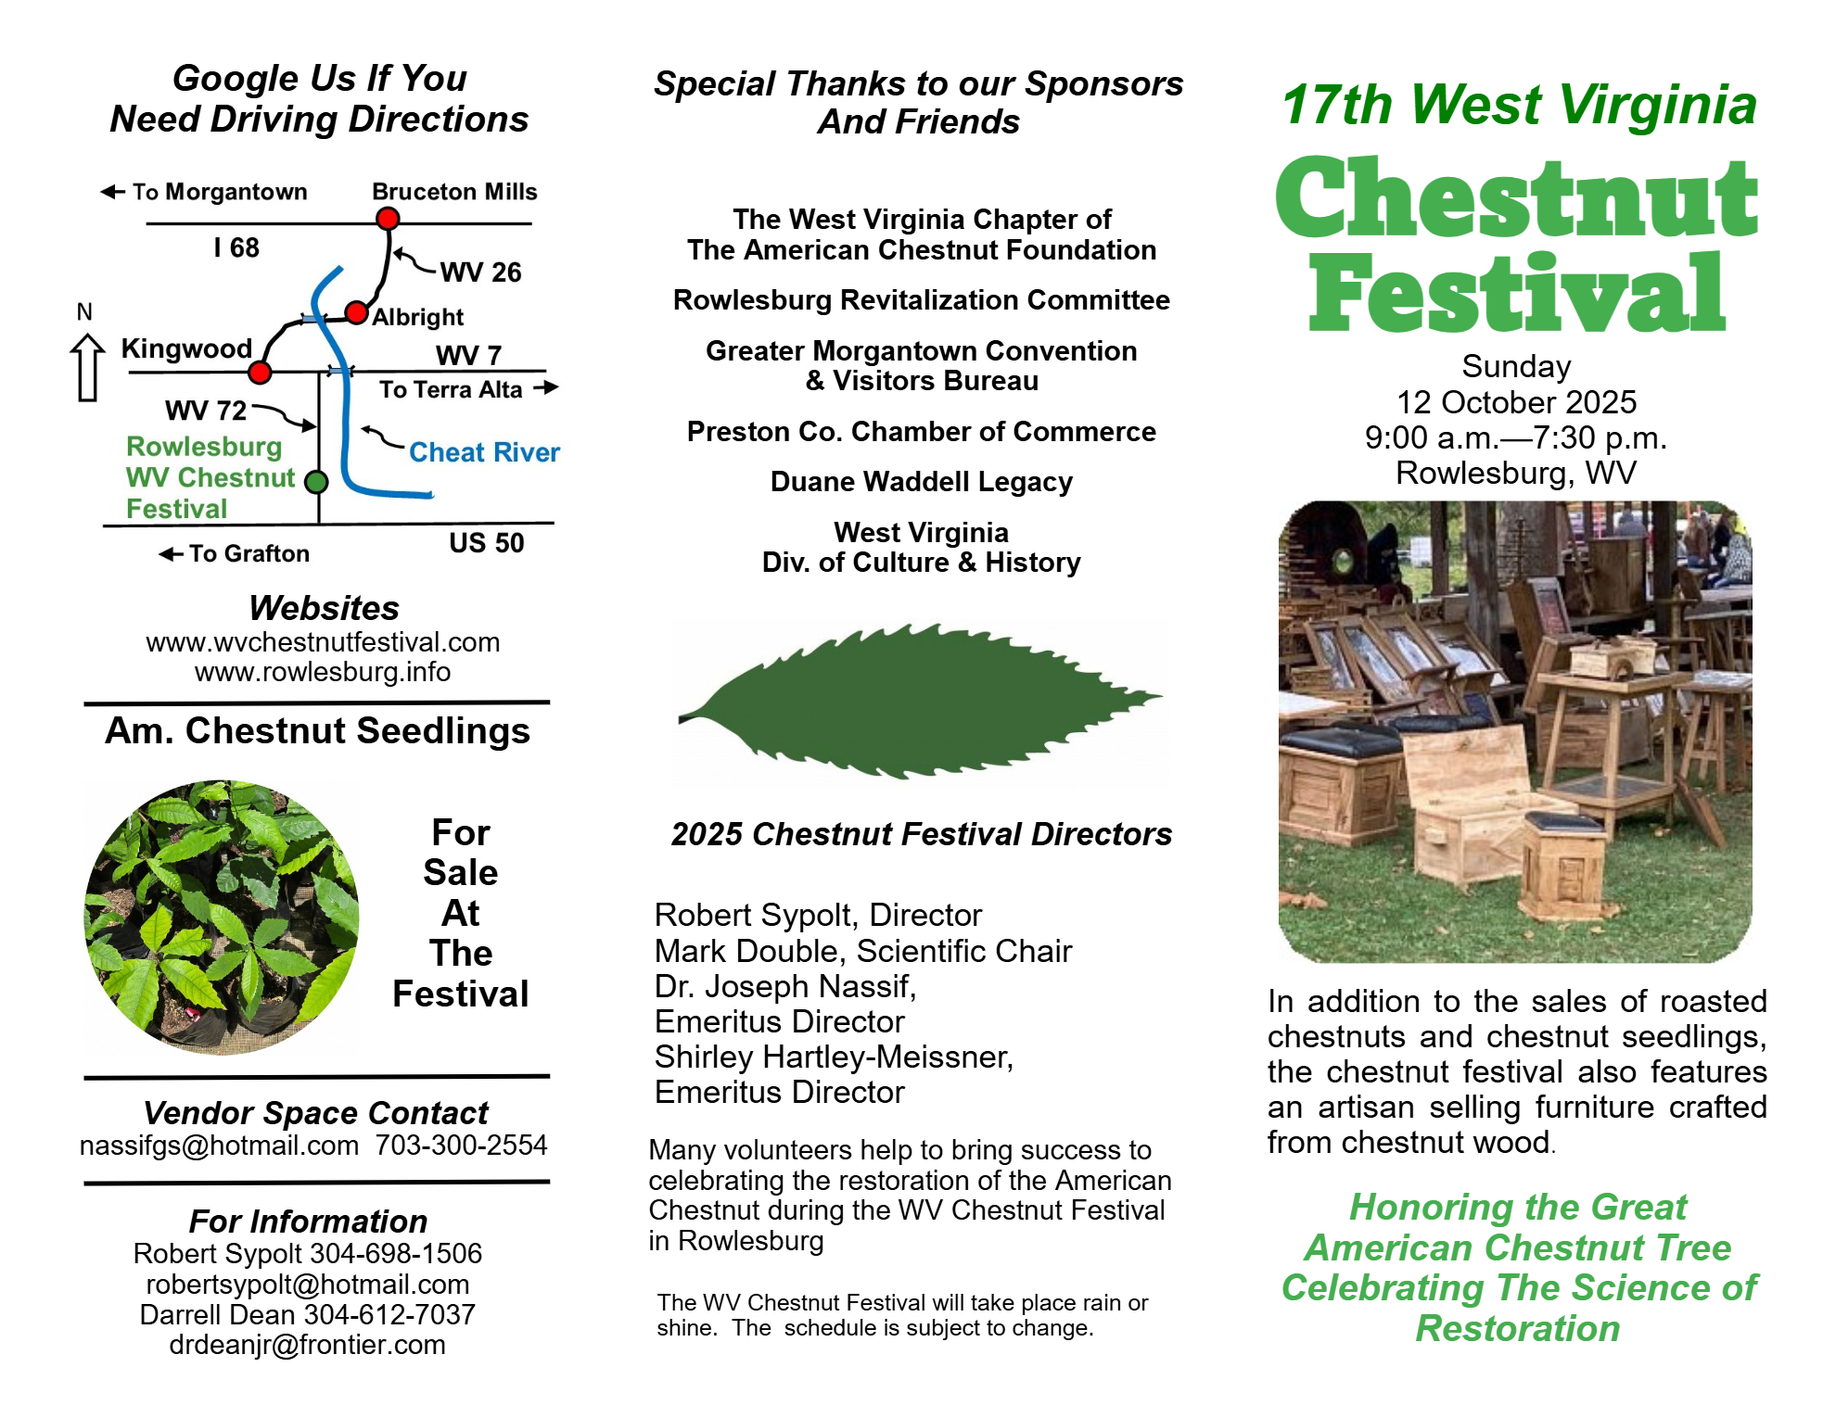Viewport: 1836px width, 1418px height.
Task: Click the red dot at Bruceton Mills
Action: coord(388,219)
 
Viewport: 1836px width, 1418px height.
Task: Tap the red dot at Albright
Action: coord(356,312)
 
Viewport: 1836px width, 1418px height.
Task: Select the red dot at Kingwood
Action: coord(260,373)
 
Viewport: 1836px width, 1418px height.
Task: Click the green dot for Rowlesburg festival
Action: coord(316,482)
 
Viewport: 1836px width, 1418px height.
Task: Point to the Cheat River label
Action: coord(484,452)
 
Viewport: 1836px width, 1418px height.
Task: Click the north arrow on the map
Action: coord(87,367)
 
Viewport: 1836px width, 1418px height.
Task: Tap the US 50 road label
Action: coord(487,543)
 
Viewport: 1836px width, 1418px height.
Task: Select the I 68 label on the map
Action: coord(236,247)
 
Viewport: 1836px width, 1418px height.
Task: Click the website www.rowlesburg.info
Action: coord(323,672)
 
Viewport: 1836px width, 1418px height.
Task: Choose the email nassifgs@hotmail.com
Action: coord(219,1146)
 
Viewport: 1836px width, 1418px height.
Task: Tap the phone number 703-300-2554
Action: coord(461,1146)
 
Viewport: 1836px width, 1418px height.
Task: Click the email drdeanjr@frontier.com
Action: coord(307,1345)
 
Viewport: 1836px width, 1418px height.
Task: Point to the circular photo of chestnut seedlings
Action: coord(222,918)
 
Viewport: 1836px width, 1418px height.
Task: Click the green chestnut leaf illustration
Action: coord(919,702)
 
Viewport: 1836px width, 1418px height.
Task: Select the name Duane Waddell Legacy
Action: coord(922,482)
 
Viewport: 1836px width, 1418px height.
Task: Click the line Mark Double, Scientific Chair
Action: coord(863,951)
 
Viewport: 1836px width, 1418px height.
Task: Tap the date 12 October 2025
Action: coord(1517,402)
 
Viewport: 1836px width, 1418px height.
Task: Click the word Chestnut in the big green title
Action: coord(1517,196)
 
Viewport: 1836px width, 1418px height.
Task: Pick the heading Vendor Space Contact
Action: coord(316,1112)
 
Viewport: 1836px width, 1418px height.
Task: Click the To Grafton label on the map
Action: coord(235,553)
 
